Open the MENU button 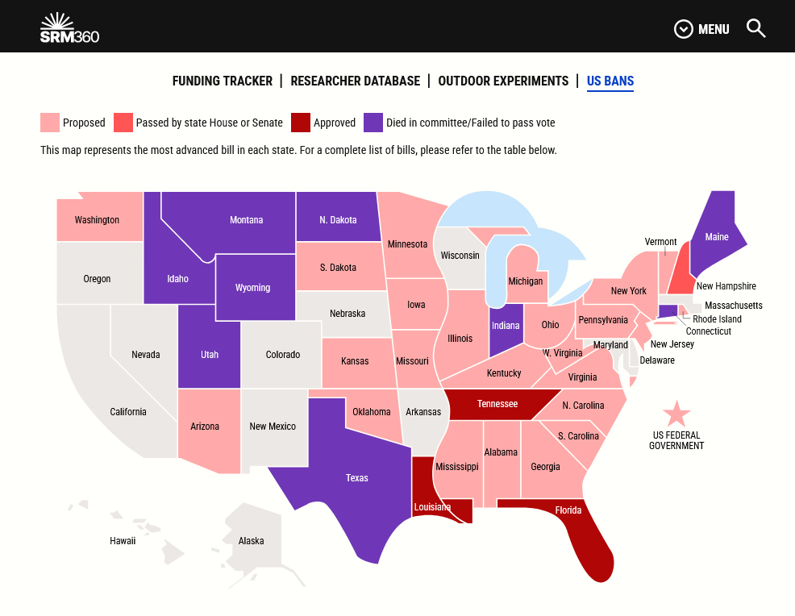tap(701, 29)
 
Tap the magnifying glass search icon tap(755, 29)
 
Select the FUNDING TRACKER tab tap(223, 81)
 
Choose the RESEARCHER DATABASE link tap(356, 81)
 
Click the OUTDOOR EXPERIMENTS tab tap(503, 81)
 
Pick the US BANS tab tap(610, 81)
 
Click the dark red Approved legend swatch tap(301, 123)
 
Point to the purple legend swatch tap(373, 123)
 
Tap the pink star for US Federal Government tap(676, 414)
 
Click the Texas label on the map tap(357, 478)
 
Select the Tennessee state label tap(497, 404)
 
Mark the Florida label tap(568, 510)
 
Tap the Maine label tap(717, 237)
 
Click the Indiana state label tap(506, 326)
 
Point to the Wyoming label tap(253, 288)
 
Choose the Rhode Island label tap(717, 319)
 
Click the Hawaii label tap(123, 541)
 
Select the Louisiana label tap(433, 507)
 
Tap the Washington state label tap(97, 220)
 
